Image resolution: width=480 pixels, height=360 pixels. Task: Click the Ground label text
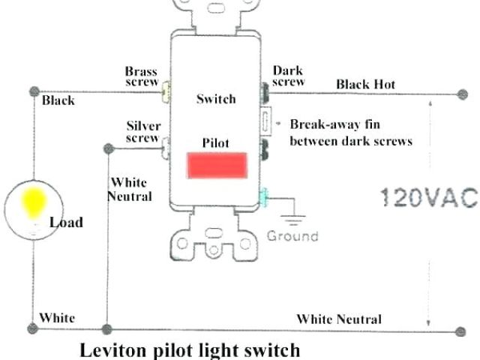(292, 235)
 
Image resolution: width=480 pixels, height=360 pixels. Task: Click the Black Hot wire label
(365, 84)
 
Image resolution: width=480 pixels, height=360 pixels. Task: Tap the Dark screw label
(287, 76)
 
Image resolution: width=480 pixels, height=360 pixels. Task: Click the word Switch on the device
(216, 98)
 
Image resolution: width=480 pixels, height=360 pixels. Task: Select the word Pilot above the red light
(216, 142)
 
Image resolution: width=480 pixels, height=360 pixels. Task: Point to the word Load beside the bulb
(66, 222)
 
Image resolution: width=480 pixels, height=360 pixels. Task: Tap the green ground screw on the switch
(263, 198)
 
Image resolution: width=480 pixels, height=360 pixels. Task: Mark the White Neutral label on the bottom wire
(338, 319)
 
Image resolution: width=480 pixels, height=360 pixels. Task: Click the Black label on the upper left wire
(58, 100)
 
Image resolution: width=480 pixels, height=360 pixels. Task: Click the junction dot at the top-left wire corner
(33, 91)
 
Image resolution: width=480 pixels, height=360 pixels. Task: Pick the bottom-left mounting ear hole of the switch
(182, 243)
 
